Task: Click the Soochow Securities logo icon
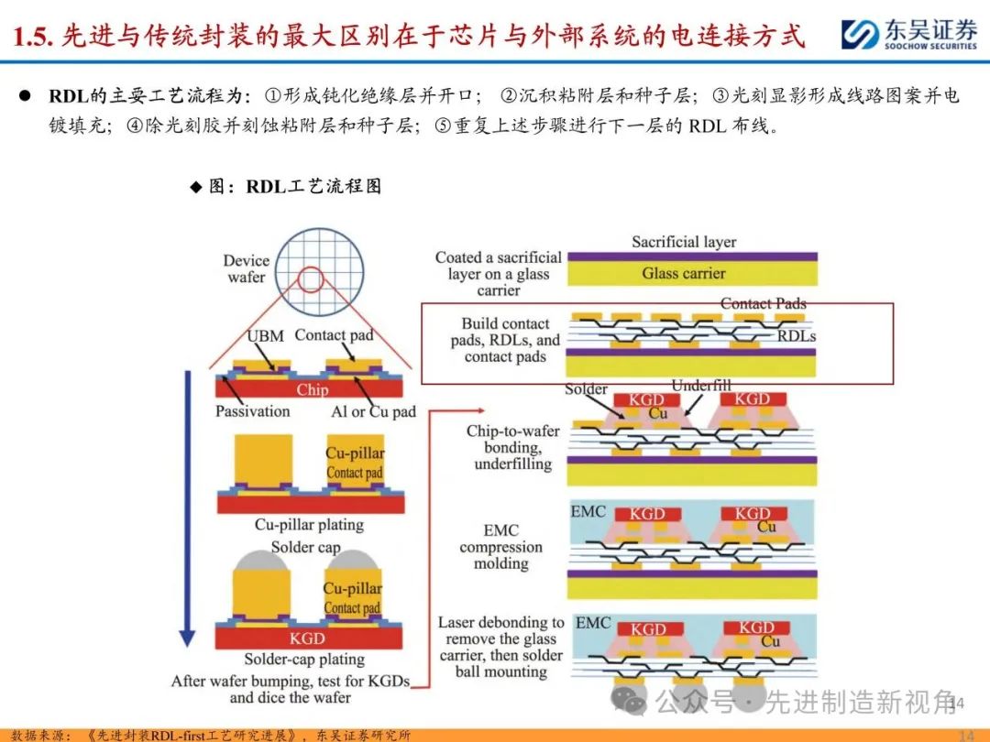pyautogui.click(x=860, y=35)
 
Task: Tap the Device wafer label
pyautogui.click(x=246, y=268)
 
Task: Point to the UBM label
pyautogui.click(x=265, y=336)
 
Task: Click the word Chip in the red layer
pyautogui.click(x=312, y=389)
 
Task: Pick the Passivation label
pyautogui.click(x=252, y=411)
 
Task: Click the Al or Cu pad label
pyautogui.click(x=372, y=411)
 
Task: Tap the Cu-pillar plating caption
pyautogui.click(x=309, y=525)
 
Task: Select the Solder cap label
pyautogui.click(x=305, y=547)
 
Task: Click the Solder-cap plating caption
pyautogui.click(x=304, y=659)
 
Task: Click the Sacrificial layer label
pyautogui.click(x=684, y=242)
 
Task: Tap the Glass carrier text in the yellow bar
pyautogui.click(x=683, y=273)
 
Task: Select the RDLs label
pyautogui.click(x=796, y=336)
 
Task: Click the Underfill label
pyautogui.click(x=701, y=386)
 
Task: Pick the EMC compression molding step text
pyautogui.click(x=500, y=547)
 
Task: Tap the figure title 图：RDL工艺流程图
pyautogui.click(x=285, y=187)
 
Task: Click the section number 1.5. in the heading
pyautogui.click(x=35, y=36)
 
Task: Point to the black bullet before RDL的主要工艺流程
pyautogui.click(x=27, y=96)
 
